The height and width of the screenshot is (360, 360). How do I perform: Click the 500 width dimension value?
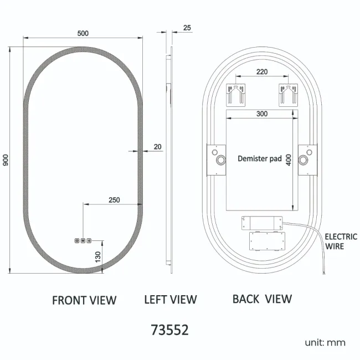[x=83, y=33]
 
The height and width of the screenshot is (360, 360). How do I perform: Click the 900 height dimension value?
[x=6, y=160]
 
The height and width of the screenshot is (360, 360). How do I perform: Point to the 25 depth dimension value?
[x=187, y=28]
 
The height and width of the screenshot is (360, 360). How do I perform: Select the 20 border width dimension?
[x=157, y=147]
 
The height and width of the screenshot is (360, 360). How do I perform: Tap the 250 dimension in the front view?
[x=114, y=199]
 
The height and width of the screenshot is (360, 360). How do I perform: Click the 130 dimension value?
[x=98, y=256]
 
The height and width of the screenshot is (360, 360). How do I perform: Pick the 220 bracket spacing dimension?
[x=263, y=72]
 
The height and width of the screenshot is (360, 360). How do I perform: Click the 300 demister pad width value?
[x=262, y=114]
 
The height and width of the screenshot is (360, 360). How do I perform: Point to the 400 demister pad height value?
[x=288, y=160]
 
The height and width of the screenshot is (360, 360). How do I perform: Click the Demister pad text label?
[x=260, y=159]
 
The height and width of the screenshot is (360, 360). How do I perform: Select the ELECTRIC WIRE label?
[x=341, y=241]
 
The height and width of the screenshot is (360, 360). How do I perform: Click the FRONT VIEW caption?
[x=84, y=300]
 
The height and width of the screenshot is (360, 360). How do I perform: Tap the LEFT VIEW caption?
[x=170, y=300]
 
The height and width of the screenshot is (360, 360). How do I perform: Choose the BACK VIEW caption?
[x=262, y=299]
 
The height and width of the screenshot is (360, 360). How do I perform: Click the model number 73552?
[x=170, y=330]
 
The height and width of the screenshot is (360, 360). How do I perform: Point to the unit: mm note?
[x=325, y=342]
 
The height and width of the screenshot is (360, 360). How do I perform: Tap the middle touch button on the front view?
[x=83, y=241]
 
